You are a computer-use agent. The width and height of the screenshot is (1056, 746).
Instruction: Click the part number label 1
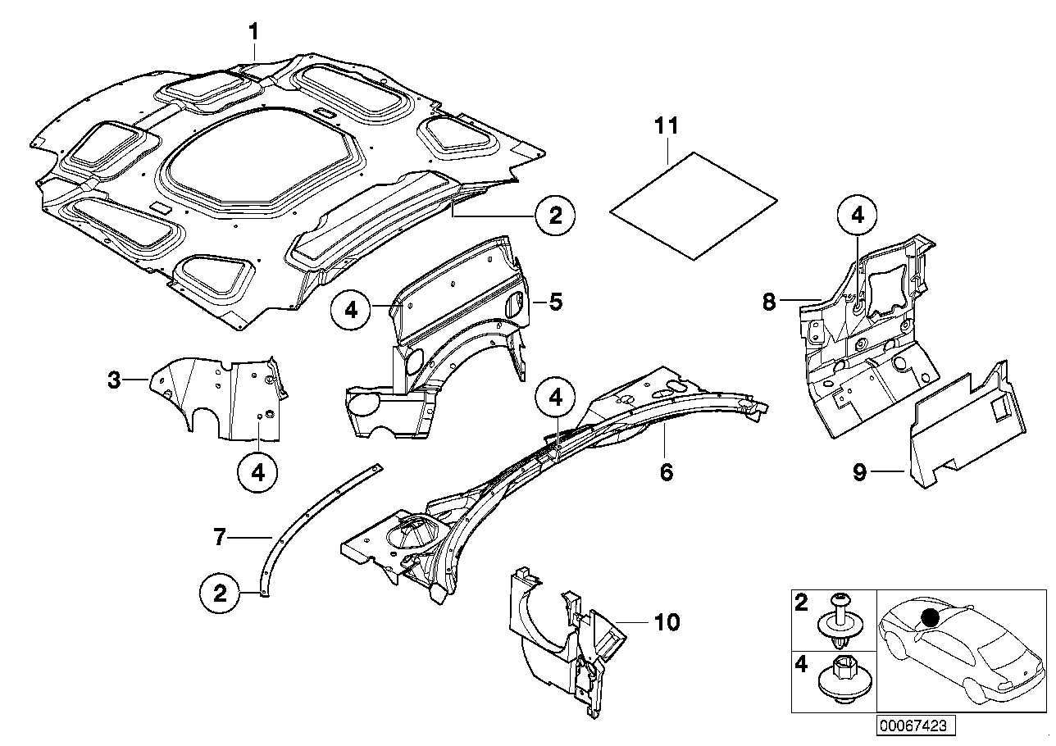point(254,32)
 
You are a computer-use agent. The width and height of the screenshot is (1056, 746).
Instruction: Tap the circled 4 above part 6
point(556,398)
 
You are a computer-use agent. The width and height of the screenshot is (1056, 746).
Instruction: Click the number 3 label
point(116,380)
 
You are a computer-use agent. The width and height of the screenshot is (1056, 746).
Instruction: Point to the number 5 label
point(555,302)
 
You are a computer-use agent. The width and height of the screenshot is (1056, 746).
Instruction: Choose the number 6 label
point(667,472)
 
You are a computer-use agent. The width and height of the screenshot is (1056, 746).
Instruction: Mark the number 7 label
point(219,537)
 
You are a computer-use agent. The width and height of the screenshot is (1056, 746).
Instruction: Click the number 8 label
point(768,302)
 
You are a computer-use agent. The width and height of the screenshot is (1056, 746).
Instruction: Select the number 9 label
point(858,473)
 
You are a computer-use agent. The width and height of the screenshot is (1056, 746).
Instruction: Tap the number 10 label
point(668,623)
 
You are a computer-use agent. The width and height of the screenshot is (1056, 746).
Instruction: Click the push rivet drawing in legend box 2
point(837,621)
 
